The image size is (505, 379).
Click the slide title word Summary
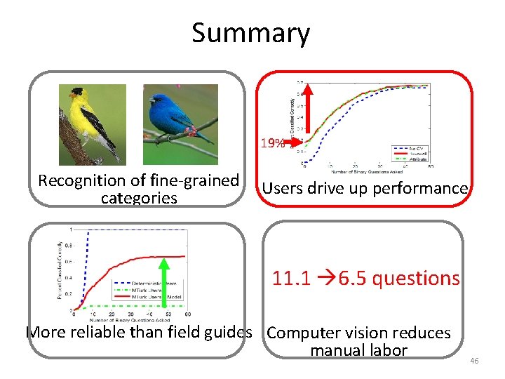click(250, 33)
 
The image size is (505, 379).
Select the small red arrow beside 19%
click(295, 141)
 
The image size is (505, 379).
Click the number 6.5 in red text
click(348, 278)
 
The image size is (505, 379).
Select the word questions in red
click(416, 279)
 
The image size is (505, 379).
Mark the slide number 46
click(473, 361)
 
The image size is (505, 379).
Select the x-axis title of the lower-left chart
click(127, 319)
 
